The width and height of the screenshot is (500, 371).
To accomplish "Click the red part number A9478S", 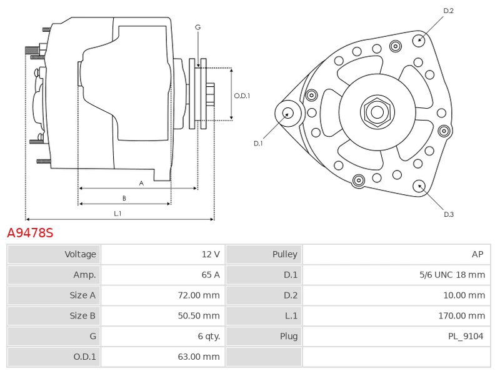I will [30, 233].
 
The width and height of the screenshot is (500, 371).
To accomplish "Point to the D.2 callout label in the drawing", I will [448, 11].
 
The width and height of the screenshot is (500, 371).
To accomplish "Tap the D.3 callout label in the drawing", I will [448, 214].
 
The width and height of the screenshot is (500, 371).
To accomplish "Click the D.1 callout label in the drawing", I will [258, 144].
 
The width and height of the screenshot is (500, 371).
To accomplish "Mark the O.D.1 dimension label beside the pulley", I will [242, 96].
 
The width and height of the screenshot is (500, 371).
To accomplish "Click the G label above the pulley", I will [197, 27].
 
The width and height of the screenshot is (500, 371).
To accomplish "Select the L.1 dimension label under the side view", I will [117, 214].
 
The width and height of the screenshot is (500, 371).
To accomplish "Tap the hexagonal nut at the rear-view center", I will [377, 112].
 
